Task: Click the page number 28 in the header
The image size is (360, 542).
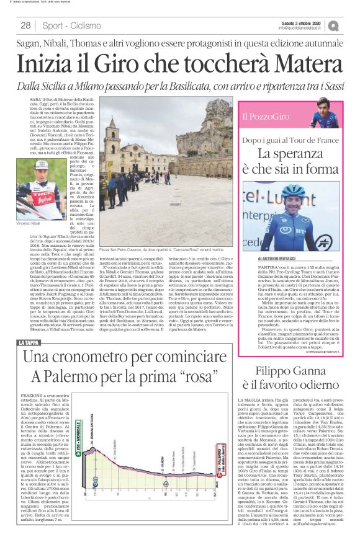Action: coord(26,25)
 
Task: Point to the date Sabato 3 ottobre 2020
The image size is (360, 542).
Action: coord(300,22)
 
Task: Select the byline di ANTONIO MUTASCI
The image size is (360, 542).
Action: coord(279,256)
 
